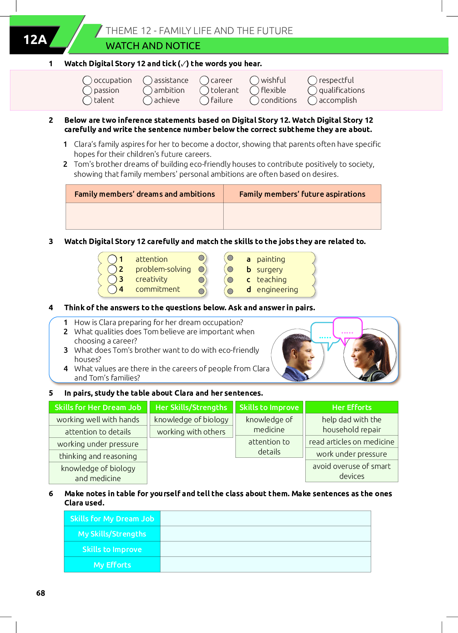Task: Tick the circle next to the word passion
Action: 87,91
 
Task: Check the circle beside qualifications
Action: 312,91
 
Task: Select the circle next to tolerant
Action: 204,91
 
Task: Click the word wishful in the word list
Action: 273,80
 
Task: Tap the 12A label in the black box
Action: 35,40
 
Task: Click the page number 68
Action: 41,593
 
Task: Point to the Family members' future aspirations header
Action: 302,194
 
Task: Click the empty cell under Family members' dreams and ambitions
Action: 145,216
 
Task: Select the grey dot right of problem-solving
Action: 201,269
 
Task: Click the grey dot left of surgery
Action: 230,269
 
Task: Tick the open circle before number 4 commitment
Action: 112,289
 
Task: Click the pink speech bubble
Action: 347,328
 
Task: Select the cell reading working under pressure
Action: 98,444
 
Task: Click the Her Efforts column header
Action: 352,407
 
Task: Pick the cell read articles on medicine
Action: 352,442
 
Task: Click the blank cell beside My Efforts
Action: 265,565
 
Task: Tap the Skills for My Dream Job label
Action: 112,519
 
